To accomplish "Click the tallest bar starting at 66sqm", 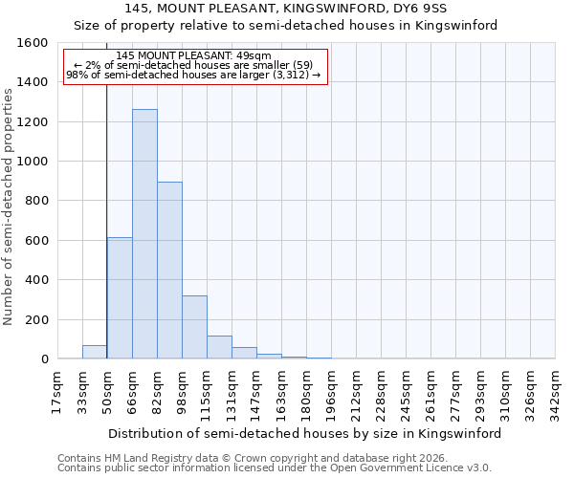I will pyautogui.click(x=144, y=234).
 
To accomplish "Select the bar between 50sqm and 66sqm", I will pyautogui.click(x=120, y=298).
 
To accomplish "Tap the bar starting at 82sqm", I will pyautogui.click(x=169, y=271).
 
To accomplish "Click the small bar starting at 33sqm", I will pyautogui.click(x=95, y=352).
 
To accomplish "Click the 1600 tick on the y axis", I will pyautogui.click(x=33, y=43).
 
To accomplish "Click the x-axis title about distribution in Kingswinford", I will pyautogui.click(x=304, y=433).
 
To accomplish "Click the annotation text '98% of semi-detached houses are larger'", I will pyautogui.click(x=194, y=75).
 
